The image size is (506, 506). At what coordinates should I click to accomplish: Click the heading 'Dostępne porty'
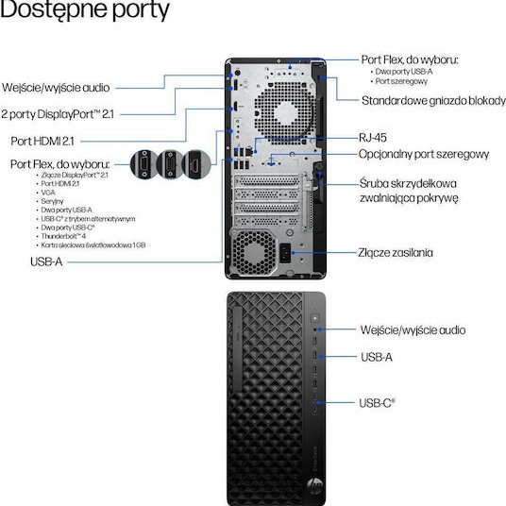[86, 12]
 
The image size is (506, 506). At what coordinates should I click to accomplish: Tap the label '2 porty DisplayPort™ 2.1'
[59, 114]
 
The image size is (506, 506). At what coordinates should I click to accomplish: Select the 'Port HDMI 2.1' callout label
[51, 141]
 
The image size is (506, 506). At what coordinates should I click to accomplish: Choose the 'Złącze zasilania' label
[396, 252]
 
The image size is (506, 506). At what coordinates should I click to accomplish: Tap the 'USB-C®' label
[377, 402]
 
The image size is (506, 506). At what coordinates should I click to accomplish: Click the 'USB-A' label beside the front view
[376, 357]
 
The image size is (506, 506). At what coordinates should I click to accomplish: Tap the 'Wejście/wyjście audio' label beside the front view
[413, 330]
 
